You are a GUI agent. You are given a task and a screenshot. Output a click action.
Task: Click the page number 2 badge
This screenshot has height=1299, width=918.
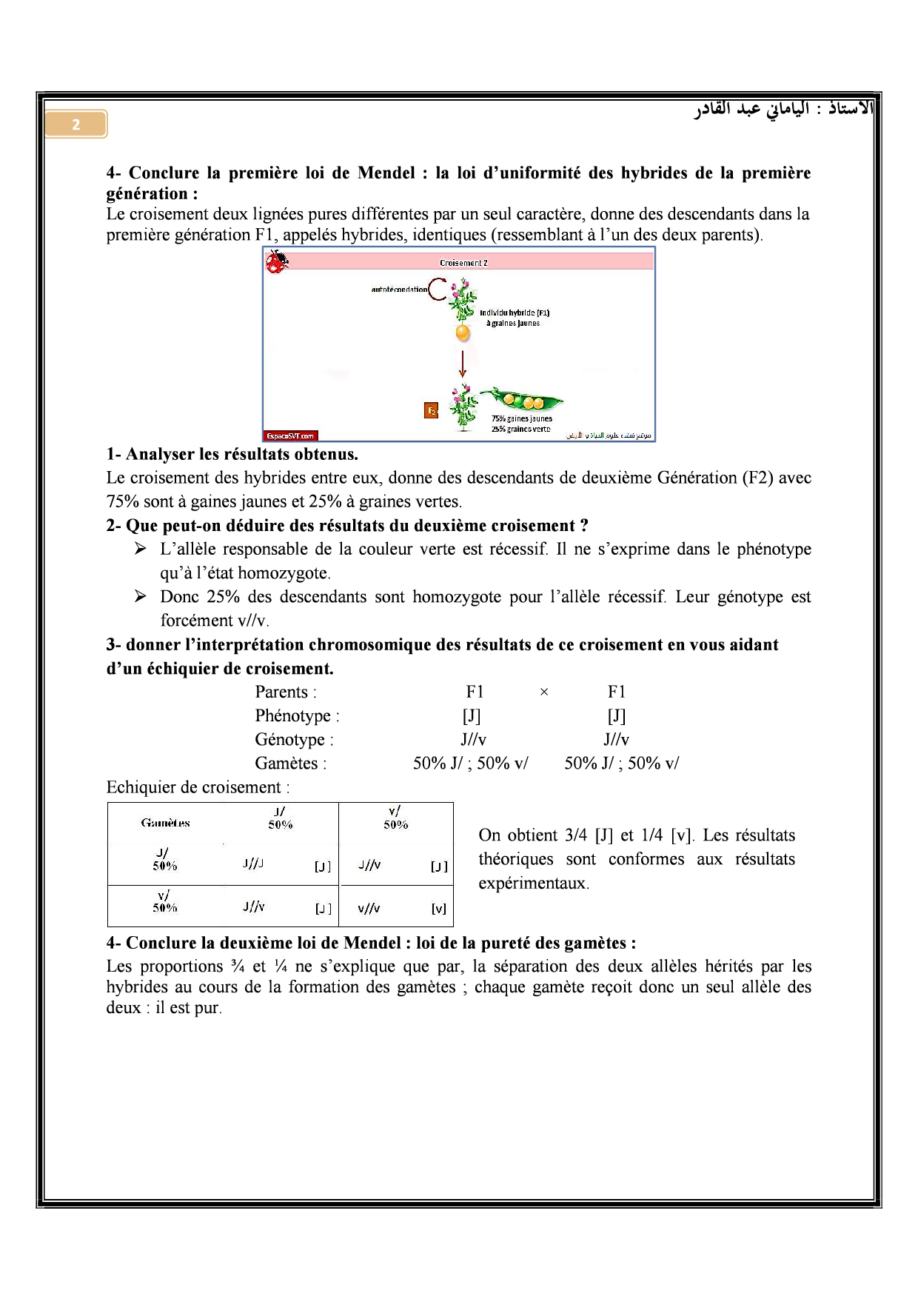click(x=76, y=124)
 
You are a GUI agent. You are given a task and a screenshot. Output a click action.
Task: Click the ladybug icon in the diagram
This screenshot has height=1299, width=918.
click(x=277, y=262)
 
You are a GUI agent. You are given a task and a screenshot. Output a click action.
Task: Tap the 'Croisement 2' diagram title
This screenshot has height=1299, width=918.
click(x=463, y=263)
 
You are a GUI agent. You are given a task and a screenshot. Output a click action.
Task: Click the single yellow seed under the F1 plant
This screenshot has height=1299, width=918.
click(x=463, y=333)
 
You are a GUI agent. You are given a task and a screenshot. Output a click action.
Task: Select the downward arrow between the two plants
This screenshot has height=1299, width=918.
click(x=463, y=364)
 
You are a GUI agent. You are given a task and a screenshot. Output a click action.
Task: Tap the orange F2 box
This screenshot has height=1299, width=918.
click(x=431, y=410)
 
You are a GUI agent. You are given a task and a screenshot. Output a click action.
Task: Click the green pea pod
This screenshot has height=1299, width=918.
click(x=522, y=401)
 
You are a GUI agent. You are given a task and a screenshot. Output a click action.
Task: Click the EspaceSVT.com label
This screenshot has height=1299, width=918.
click(x=290, y=435)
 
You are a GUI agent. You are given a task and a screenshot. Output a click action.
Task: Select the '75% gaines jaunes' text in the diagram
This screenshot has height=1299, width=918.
click(x=522, y=418)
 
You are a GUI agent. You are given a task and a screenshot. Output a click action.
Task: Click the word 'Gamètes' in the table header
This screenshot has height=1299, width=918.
click(x=166, y=823)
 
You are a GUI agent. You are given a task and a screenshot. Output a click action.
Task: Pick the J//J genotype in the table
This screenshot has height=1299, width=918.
click(x=253, y=864)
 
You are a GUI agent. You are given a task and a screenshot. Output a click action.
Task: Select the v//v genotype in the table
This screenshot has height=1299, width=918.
click(x=369, y=908)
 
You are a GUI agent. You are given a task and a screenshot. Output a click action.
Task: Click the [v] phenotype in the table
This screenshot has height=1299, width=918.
click(x=439, y=909)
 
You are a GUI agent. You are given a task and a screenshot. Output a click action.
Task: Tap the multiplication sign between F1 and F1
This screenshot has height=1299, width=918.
click(x=544, y=692)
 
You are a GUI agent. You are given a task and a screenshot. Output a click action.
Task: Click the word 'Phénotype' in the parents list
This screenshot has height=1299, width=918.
click(x=293, y=716)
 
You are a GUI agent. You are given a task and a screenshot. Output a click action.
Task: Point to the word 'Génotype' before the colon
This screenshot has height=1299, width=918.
click(x=290, y=740)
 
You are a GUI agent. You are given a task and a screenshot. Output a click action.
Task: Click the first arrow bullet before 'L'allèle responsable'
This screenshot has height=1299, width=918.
click(x=141, y=549)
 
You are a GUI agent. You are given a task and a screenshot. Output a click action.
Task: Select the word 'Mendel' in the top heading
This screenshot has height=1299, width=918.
click(x=386, y=173)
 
